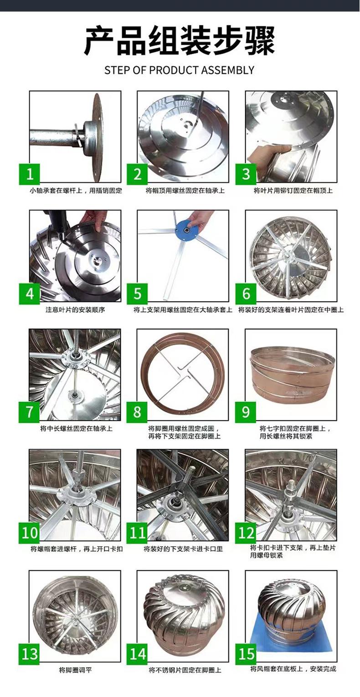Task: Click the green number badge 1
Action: (x=30, y=174)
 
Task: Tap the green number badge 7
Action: (x=29, y=412)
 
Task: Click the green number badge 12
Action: (x=246, y=533)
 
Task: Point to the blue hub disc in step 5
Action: (x=185, y=229)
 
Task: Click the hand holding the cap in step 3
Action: (x=264, y=158)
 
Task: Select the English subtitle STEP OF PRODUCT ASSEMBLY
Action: (x=179, y=70)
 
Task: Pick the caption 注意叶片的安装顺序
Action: (x=75, y=310)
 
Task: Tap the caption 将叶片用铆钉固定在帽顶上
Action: (x=293, y=190)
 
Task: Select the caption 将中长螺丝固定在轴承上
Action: (x=76, y=429)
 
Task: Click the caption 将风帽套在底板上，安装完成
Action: (x=293, y=668)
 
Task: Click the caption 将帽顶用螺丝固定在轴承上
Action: (x=185, y=190)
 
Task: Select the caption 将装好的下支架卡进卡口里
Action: (x=183, y=549)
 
